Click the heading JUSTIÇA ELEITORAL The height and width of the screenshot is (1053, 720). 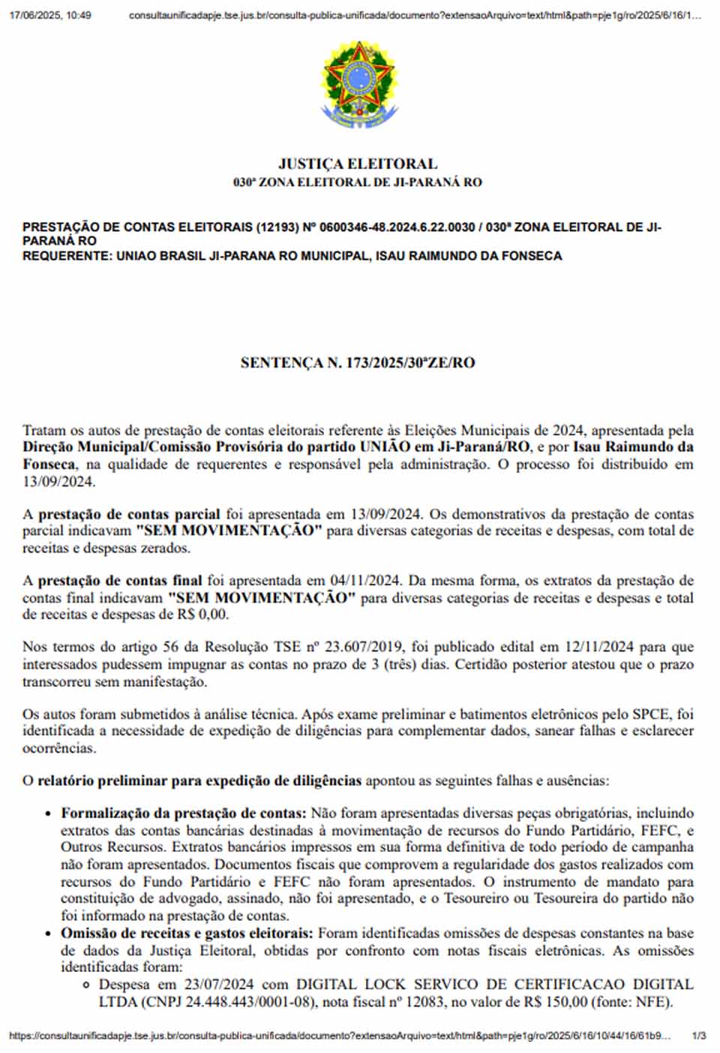[358, 164]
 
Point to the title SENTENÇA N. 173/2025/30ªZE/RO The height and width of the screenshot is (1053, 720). [358, 363]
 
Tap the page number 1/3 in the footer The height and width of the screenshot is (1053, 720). [699, 1036]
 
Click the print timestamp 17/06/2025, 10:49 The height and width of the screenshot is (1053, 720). [50, 15]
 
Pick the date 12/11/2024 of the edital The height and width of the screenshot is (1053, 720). [600, 647]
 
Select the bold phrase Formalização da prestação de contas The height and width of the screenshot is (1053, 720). [184, 813]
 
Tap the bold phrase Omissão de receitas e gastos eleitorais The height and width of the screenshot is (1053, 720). [187, 933]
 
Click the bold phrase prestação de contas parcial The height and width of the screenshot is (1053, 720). [129, 514]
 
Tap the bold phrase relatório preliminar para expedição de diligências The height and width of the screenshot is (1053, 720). [199, 781]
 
